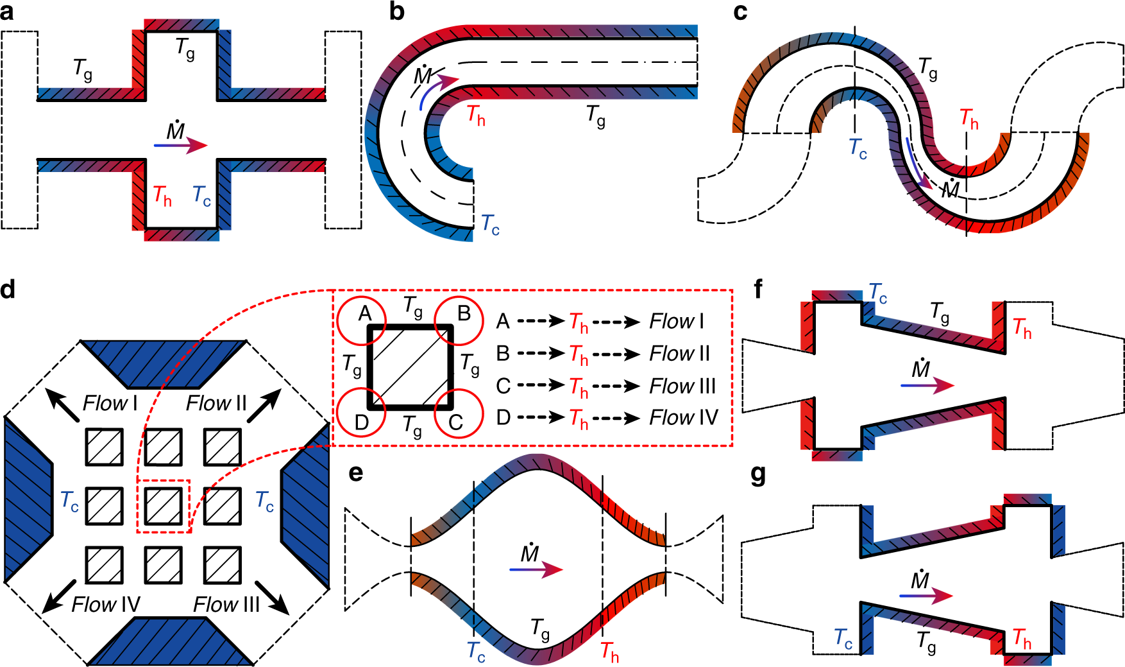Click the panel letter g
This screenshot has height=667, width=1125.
758,476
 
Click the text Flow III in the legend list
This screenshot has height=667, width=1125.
682,386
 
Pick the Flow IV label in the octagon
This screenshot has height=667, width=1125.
105,604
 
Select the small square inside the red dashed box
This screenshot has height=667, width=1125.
163,506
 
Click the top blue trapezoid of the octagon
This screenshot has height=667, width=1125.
163,363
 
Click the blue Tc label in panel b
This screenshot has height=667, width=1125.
490,225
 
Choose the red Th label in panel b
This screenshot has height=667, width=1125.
476,116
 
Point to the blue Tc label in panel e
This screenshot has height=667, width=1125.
477,651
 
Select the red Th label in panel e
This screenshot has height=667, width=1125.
609,652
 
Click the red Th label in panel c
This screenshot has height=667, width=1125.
969,119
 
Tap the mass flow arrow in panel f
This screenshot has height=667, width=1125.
927,385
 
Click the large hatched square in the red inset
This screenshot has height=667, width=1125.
410,367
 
